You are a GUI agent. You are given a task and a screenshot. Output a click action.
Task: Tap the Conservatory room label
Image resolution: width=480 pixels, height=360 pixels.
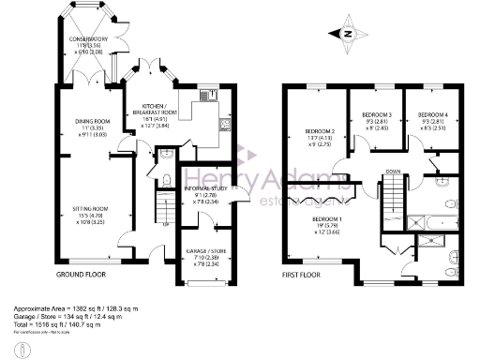coord(90,45)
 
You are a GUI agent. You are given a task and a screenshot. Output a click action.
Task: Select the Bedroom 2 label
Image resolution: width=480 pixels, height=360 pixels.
coord(320,136)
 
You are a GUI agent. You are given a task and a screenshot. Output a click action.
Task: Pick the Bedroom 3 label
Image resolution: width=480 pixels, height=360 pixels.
coord(376,120)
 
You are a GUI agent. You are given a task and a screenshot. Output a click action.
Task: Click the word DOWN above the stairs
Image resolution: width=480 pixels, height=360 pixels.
coord(392,172)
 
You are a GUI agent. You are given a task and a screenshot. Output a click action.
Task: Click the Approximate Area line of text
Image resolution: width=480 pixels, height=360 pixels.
coord(83,308)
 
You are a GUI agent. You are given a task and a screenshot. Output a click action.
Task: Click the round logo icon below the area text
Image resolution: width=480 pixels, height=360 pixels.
coord(23,349)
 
